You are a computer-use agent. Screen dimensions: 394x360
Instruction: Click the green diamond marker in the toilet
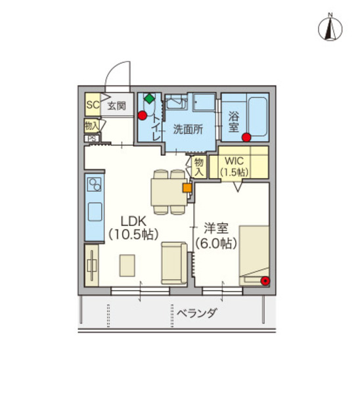150,99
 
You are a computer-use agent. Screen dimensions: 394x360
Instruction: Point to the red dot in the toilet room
143,116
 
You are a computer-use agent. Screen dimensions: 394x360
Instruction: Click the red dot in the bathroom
246,137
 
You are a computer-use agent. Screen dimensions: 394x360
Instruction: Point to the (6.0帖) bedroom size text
215,243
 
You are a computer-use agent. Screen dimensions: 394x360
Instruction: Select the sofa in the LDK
174,262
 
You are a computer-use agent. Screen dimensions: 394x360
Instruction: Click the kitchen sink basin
94,213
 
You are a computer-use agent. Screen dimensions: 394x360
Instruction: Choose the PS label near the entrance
91,139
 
